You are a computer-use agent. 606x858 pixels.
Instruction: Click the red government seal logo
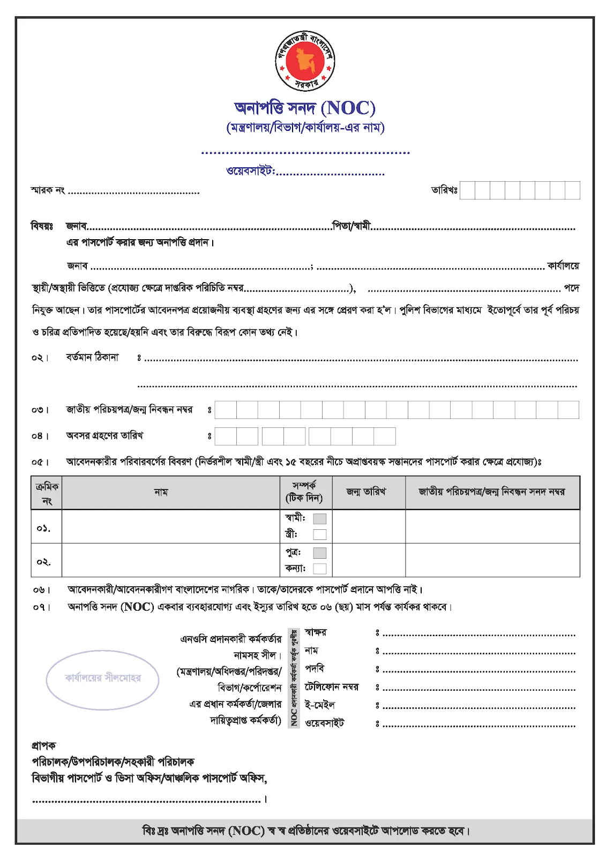pos(304,61)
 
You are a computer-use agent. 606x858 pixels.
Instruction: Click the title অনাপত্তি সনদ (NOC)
pos(304,108)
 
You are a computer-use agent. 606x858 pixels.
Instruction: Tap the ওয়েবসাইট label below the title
pos(250,171)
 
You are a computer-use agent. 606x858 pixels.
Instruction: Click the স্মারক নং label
pos(48,190)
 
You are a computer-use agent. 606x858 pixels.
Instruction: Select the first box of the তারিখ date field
pos(467,190)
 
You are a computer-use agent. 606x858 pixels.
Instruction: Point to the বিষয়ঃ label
pos(42,226)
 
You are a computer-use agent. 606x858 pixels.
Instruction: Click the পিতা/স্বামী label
pos(351,226)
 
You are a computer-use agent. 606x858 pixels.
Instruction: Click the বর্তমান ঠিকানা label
pos(92,357)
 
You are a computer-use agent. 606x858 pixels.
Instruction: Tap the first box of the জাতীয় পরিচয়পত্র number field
pos(226,410)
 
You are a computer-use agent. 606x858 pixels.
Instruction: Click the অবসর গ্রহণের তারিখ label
pos(104,435)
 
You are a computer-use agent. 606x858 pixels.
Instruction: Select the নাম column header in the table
pos(161,492)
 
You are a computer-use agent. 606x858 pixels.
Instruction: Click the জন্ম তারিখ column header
pos(366,492)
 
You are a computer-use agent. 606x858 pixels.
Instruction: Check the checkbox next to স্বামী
pos(320,519)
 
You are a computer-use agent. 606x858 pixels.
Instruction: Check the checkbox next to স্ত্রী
pos(320,534)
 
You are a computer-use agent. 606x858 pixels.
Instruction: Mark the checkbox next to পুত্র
pos(320,553)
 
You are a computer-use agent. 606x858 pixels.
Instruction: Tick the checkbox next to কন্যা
pos(320,568)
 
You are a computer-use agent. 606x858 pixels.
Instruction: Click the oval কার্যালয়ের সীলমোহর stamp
pos(103,679)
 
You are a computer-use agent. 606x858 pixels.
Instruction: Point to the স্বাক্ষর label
pos(316,632)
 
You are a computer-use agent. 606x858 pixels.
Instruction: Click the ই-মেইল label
pos(320,705)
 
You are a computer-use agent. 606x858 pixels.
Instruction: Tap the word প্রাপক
pos(43,745)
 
